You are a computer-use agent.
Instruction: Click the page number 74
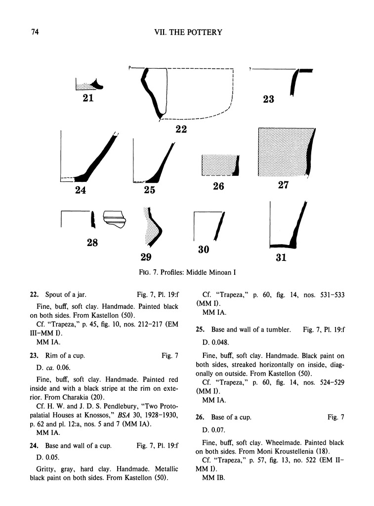[34, 33]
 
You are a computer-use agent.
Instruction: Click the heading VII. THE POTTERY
[188, 33]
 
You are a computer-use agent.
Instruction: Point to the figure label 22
[182, 129]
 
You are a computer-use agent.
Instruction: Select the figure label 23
[268, 99]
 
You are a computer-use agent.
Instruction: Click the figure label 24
[81, 189]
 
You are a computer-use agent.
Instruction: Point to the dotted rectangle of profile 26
[218, 165]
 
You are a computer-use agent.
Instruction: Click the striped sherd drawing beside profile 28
[114, 219]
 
